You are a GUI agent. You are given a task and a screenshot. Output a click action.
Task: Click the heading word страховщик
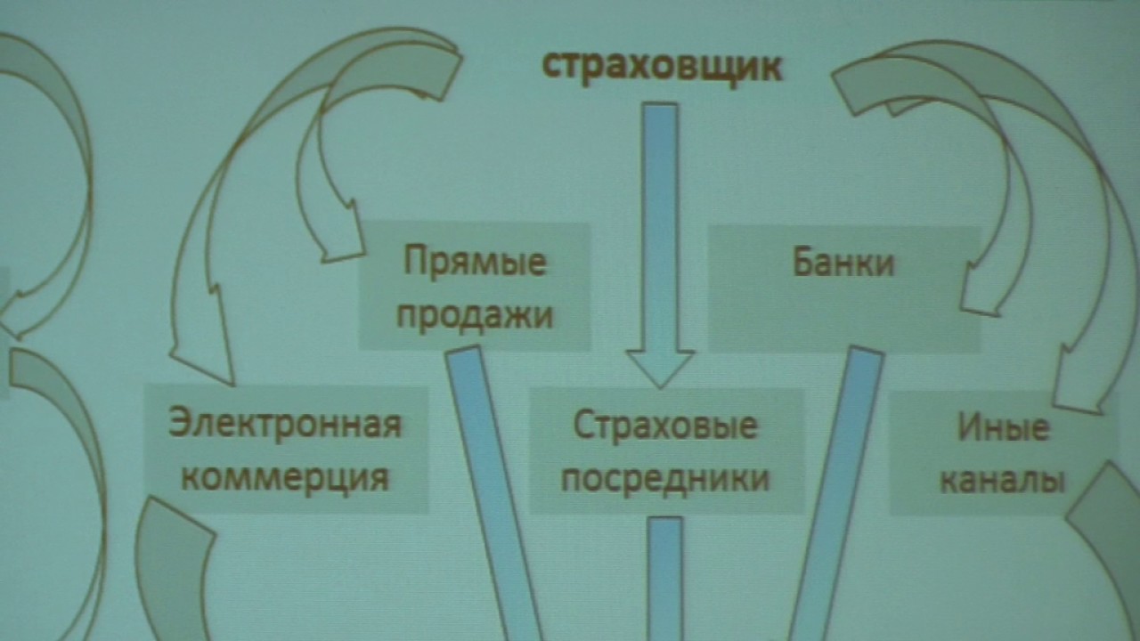[x=662, y=67]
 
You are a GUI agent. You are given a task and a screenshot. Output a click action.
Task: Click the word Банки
[x=843, y=262]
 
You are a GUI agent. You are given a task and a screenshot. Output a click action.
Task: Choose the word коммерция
[x=286, y=478]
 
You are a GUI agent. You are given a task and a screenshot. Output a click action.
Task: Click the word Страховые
[x=665, y=426]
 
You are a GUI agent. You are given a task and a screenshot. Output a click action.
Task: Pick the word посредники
[x=665, y=479]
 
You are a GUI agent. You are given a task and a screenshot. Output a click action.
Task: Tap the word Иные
[x=1003, y=427]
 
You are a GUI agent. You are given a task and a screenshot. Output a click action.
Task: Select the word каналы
[x=1002, y=480]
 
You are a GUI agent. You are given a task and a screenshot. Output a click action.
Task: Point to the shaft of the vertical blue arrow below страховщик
[x=660, y=227]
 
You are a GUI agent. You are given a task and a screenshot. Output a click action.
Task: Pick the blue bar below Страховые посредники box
[x=665, y=579]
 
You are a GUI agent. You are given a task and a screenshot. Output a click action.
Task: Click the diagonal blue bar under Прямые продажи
[x=493, y=493]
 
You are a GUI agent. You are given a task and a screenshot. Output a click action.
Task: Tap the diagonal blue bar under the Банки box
[x=835, y=493]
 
